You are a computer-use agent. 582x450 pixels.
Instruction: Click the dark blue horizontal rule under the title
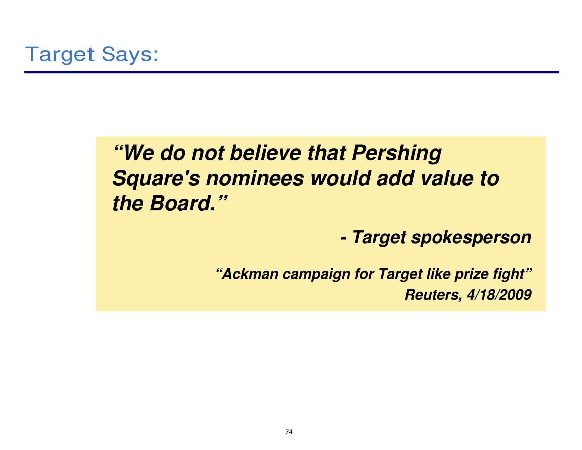click(291, 72)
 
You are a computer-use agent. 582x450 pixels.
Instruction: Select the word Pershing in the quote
click(396, 154)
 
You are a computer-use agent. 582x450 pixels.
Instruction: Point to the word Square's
click(156, 179)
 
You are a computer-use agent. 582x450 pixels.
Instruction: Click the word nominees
click(255, 179)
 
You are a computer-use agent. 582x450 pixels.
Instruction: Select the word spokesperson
click(471, 238)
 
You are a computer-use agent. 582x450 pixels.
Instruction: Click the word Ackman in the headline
click(250, 274)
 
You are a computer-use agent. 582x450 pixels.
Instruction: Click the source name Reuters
click(434, 295)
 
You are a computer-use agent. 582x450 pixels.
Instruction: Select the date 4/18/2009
click(499, 295)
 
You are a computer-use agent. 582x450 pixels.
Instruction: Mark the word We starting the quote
click(139, 153)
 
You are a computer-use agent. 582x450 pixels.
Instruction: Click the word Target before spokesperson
click(379, 238)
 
